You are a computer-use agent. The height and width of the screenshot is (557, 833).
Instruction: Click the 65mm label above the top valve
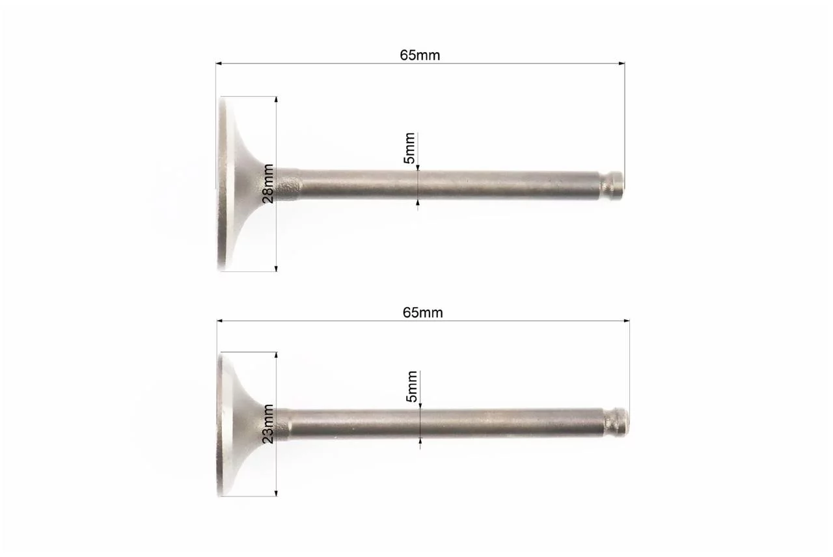tap(420, 55)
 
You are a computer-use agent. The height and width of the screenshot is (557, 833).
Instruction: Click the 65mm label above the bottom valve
tap(423, 313)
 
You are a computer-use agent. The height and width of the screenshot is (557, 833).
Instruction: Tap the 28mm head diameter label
tap(267, 183)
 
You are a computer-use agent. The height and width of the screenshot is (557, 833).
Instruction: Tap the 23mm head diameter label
tap(267, 424)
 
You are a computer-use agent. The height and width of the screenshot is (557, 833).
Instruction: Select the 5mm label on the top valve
tap(409, 148)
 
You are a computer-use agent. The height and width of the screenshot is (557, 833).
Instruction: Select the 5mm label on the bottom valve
tap(412, 387)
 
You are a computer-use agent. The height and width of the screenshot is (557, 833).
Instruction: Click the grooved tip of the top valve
tap(613, 185)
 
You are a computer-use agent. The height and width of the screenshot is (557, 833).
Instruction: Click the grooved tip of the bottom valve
tap(616, 422)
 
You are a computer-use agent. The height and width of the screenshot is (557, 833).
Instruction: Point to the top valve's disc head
tap(238, 183)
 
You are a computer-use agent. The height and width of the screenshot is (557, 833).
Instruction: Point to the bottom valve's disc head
tap(238, 424)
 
